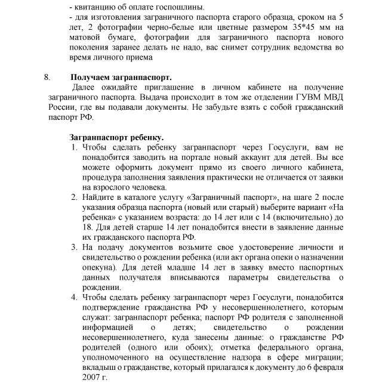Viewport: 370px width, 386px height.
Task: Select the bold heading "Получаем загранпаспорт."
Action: pyautogui.click(x=121, y=78)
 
